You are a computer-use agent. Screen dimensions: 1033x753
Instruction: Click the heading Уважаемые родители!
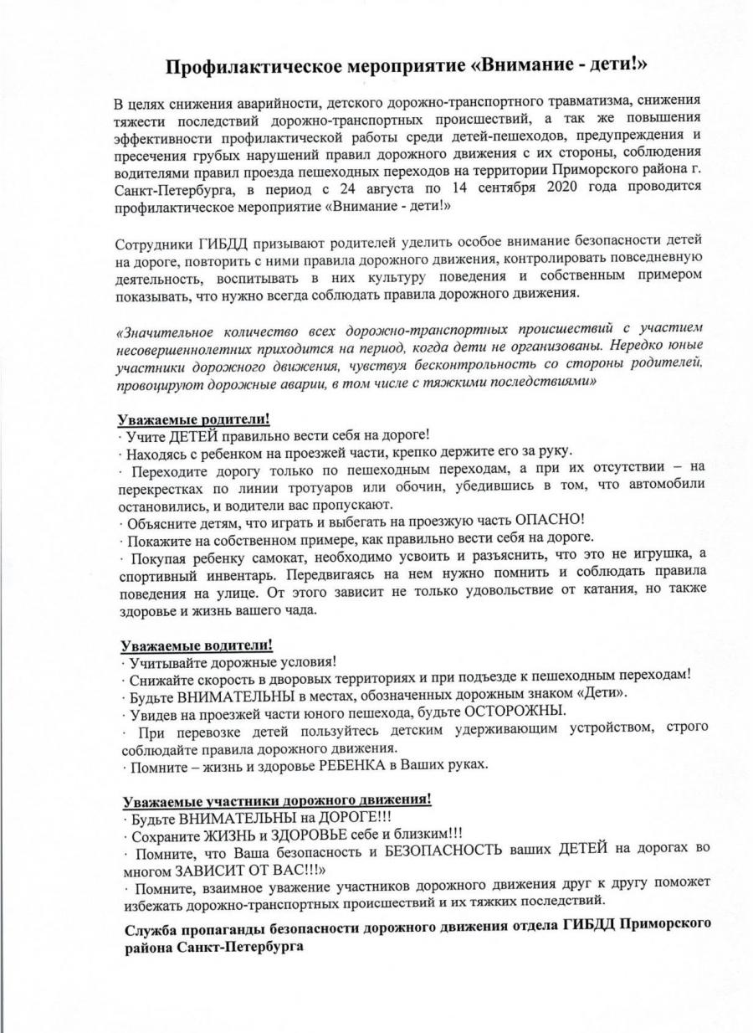click(195, 419)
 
